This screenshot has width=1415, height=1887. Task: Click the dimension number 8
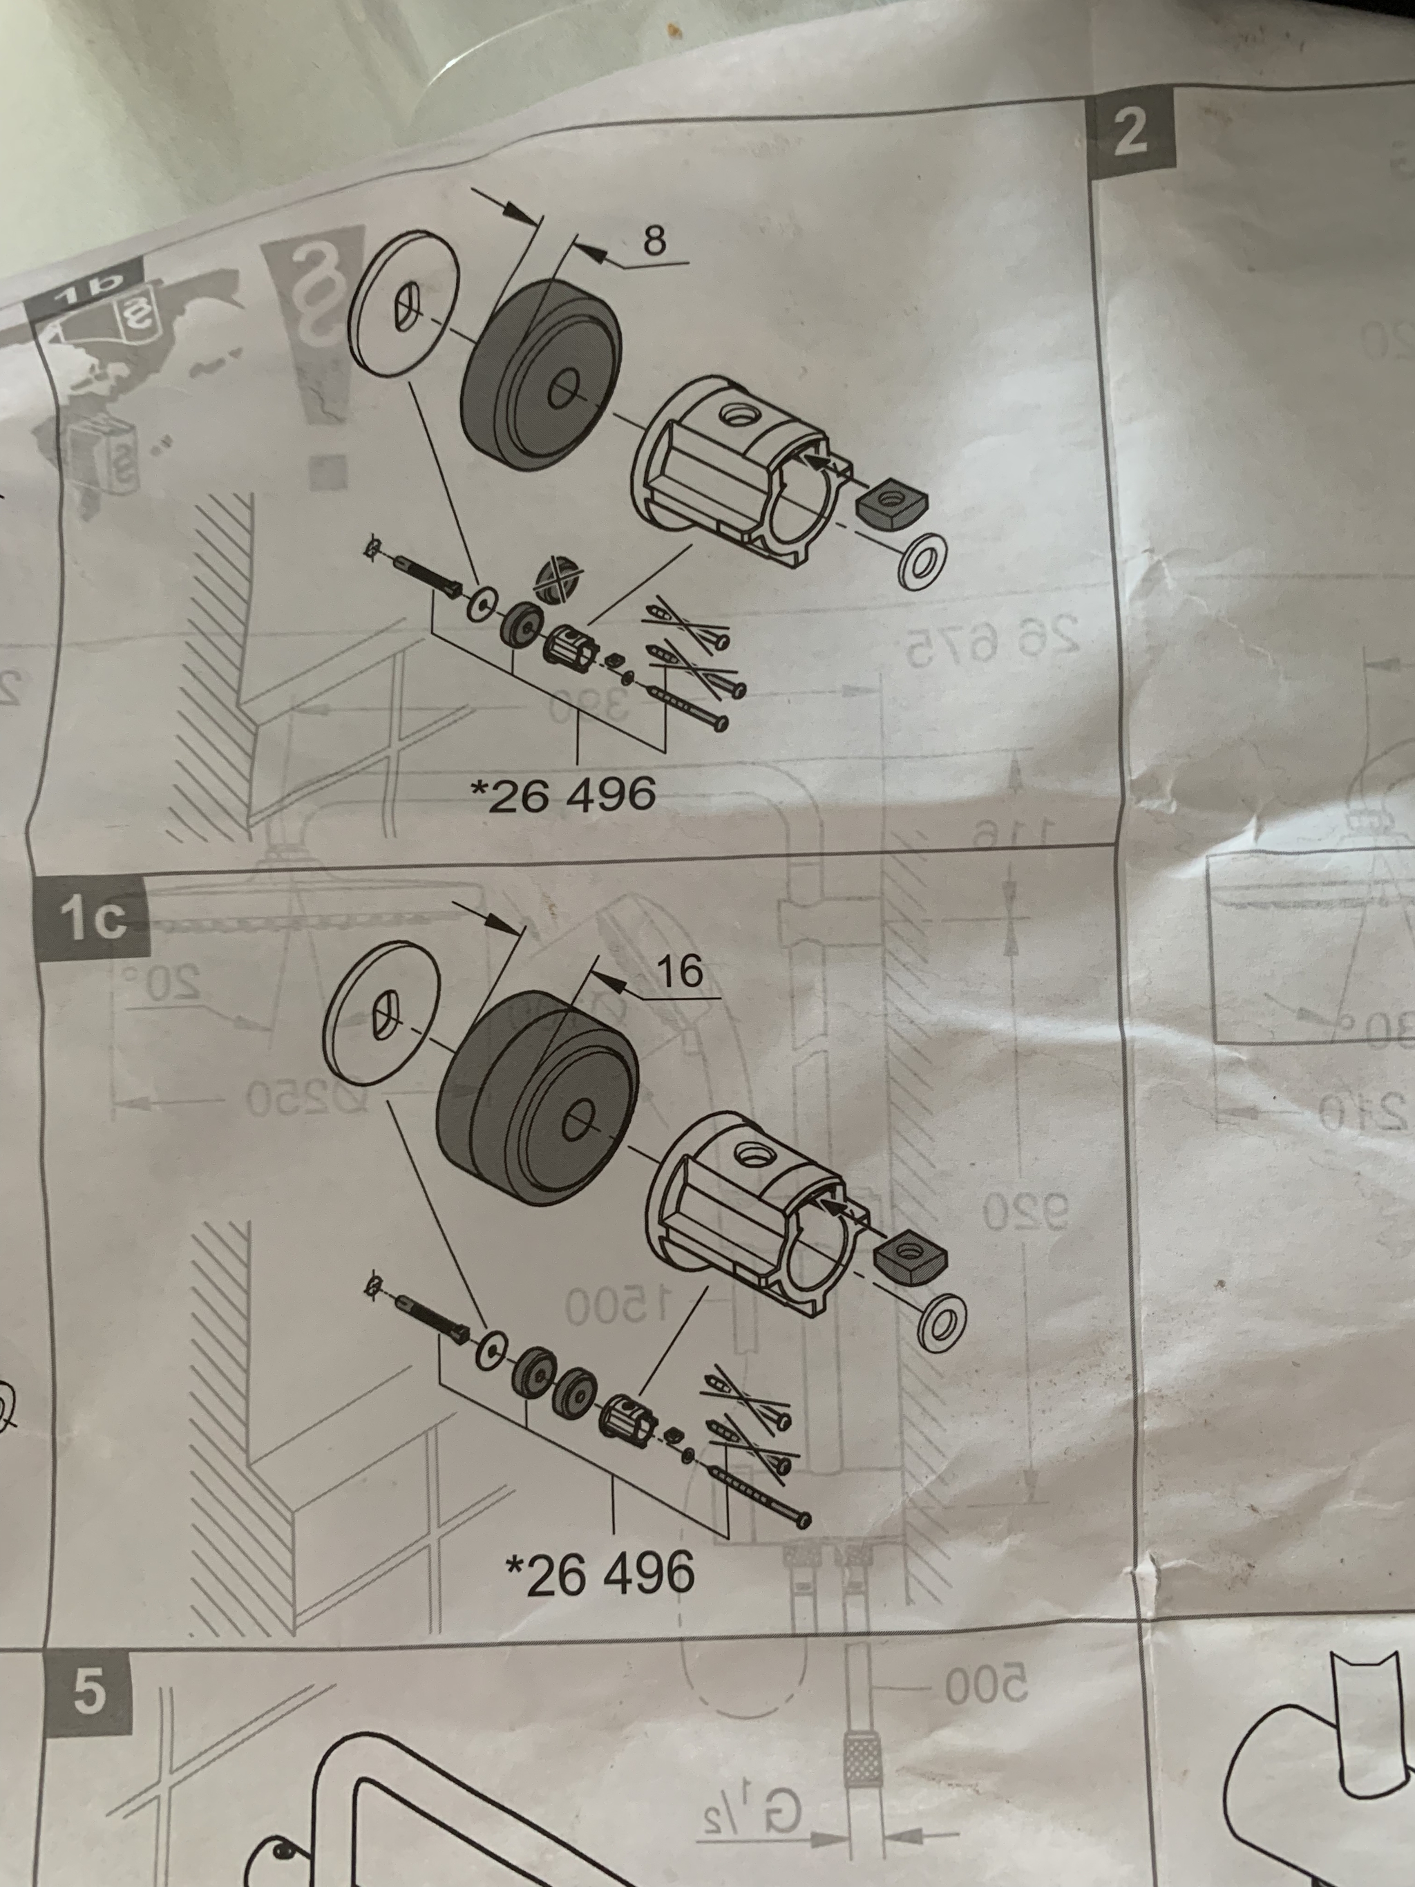pos(654,240)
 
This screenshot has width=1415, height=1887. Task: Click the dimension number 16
pos(681,971)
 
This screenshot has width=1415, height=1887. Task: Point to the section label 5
pos(88,1691)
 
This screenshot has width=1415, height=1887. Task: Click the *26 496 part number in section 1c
pos(600,1574)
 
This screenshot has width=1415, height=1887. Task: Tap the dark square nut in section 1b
pos(890,502)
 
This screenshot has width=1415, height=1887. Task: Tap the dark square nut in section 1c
pos(910,1260)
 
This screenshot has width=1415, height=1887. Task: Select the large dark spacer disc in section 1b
pos(541,375)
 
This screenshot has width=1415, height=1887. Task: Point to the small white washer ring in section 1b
pos(922,560)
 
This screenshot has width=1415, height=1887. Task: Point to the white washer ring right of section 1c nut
pos(942,1323)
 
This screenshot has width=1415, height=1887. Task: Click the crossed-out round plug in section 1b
pos(553,581)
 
